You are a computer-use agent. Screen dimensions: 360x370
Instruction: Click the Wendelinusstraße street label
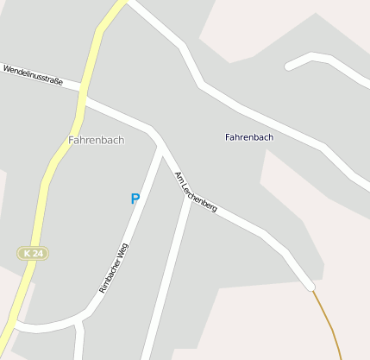pyautogui.click(x=33, y=74)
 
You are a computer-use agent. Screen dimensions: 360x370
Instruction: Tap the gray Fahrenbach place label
pyautogui.click(x=97, y=140)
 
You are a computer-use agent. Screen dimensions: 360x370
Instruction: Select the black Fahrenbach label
pyautogui.click(x=248, y=137)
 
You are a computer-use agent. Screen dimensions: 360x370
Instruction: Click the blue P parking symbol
pyautogui.click(x=135, y=199)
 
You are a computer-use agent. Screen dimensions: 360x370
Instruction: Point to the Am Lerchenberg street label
pyautogui.click(x=196, y=192)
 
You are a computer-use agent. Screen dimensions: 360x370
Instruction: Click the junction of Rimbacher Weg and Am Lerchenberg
pyautogui.click(x=161, y=147)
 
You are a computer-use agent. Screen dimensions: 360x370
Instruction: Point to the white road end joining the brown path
pyautogui.click(x=310, y=286)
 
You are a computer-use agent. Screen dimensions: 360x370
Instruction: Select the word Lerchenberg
pyautogui.click(x=201, y=196)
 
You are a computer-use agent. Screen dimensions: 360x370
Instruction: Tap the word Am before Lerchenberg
pyautogui.click(x=179, y=178)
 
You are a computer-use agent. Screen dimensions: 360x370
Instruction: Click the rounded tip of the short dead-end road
pyautogui.click(x=288, y=66)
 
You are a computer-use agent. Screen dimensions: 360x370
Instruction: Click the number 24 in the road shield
pyautogui.click(x=39, y=253)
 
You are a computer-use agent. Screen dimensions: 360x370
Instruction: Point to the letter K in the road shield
pyautogui.click(x=28, y=253)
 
